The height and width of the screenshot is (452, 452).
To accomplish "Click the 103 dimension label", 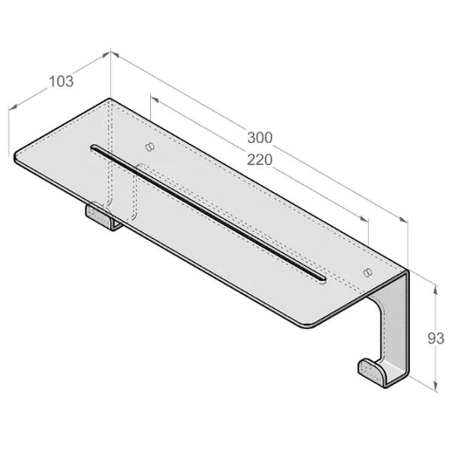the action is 61,81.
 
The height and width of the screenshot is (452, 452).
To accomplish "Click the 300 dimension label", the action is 260,138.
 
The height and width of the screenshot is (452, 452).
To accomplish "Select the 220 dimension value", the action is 260,160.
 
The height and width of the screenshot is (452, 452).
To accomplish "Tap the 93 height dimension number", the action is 435,338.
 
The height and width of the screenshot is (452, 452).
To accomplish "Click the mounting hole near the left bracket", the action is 150,147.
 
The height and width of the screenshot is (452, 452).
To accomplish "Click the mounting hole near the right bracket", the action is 368,272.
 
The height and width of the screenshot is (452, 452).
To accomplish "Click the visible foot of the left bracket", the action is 99,215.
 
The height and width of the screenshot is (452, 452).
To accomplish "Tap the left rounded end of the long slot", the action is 93,148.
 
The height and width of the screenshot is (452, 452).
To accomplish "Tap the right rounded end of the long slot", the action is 322,279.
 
